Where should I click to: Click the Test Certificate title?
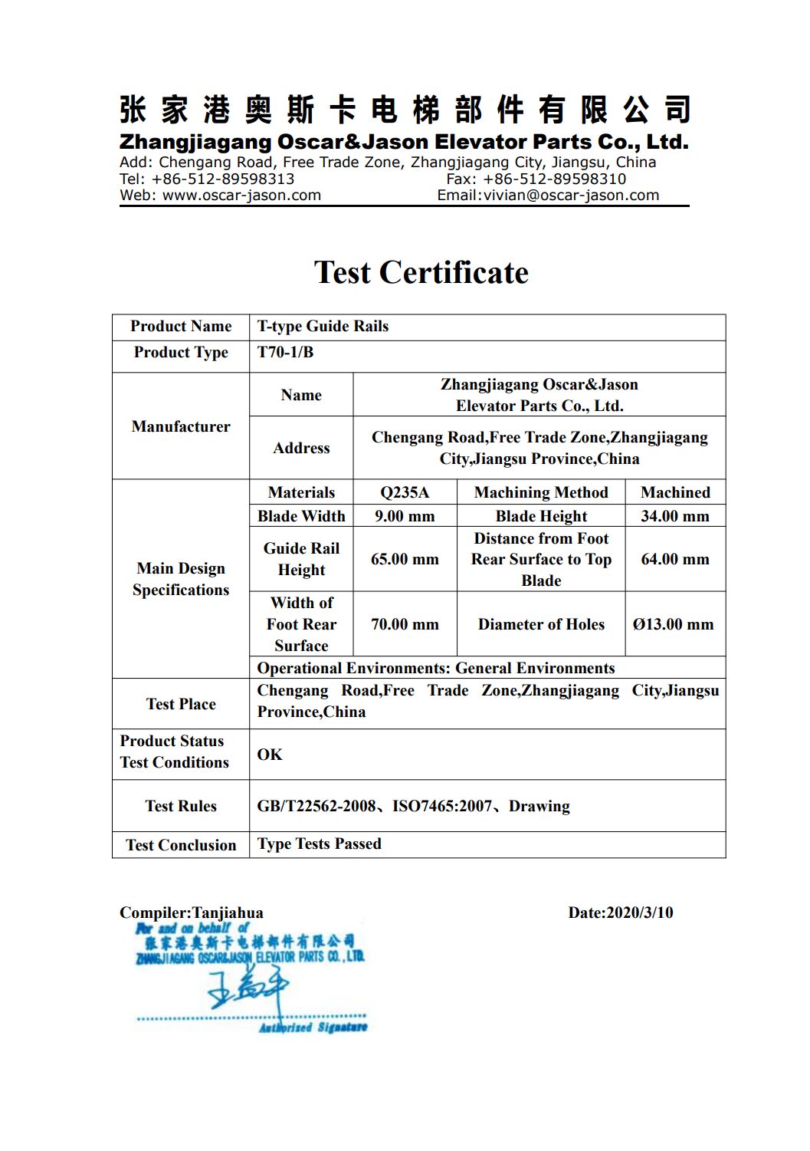(421, 272)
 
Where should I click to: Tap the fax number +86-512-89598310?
(554, 179)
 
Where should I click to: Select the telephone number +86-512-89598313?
(222, 179)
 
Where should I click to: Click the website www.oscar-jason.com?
(241, 195)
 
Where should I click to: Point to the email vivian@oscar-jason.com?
(571, 195)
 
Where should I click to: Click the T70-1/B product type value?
(285, 352)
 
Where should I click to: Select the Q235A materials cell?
(405, 492)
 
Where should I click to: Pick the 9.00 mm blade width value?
(405, 516)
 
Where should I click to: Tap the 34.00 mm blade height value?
(675, 516)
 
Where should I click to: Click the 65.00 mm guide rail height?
(405, 559)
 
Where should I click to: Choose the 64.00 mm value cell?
(675, 559)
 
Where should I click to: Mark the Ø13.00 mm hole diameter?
(674, 624)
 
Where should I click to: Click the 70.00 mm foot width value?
(405, 624)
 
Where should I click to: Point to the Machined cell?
(675, 492)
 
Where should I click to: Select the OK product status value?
(270, 755)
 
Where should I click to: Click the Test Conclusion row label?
(181, 845)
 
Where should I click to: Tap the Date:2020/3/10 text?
(621, 913)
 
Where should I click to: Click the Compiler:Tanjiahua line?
(192, 913)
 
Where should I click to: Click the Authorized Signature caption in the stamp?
(313, 1027)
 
